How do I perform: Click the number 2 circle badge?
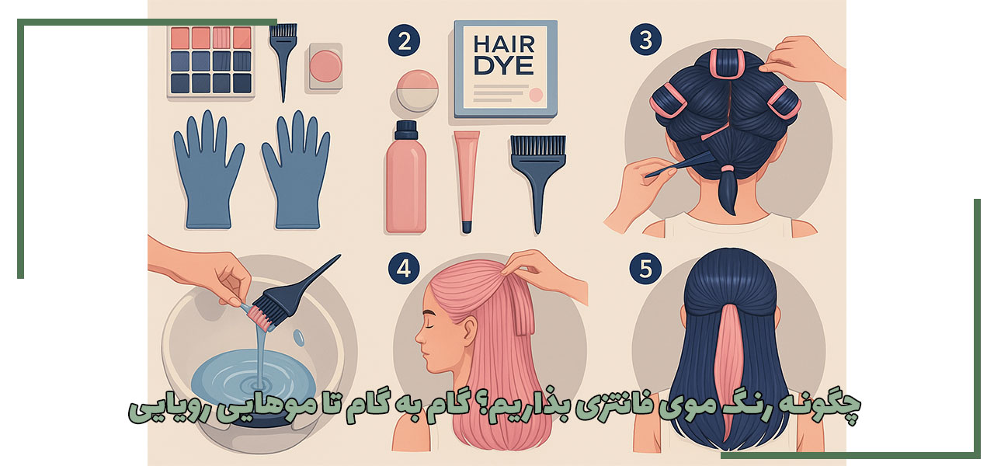(x=404, y=40)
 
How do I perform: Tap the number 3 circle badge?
(x=645, y=40)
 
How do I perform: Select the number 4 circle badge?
(x=404, y=268)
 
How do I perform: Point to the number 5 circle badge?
(x=645, y=268)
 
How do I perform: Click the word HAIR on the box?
(x=504, y=45)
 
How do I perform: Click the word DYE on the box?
(x=504, y=66)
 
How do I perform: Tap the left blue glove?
(x=207, y=170)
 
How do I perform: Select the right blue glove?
(x=296, y=170)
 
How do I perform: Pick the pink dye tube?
(x=467, y=182)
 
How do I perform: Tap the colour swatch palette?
(x=210, y=61)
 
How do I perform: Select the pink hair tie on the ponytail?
(x=727, y=169)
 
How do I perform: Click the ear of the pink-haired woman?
(x=469, y=331)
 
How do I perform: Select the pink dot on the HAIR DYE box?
(x=536, y=95)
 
